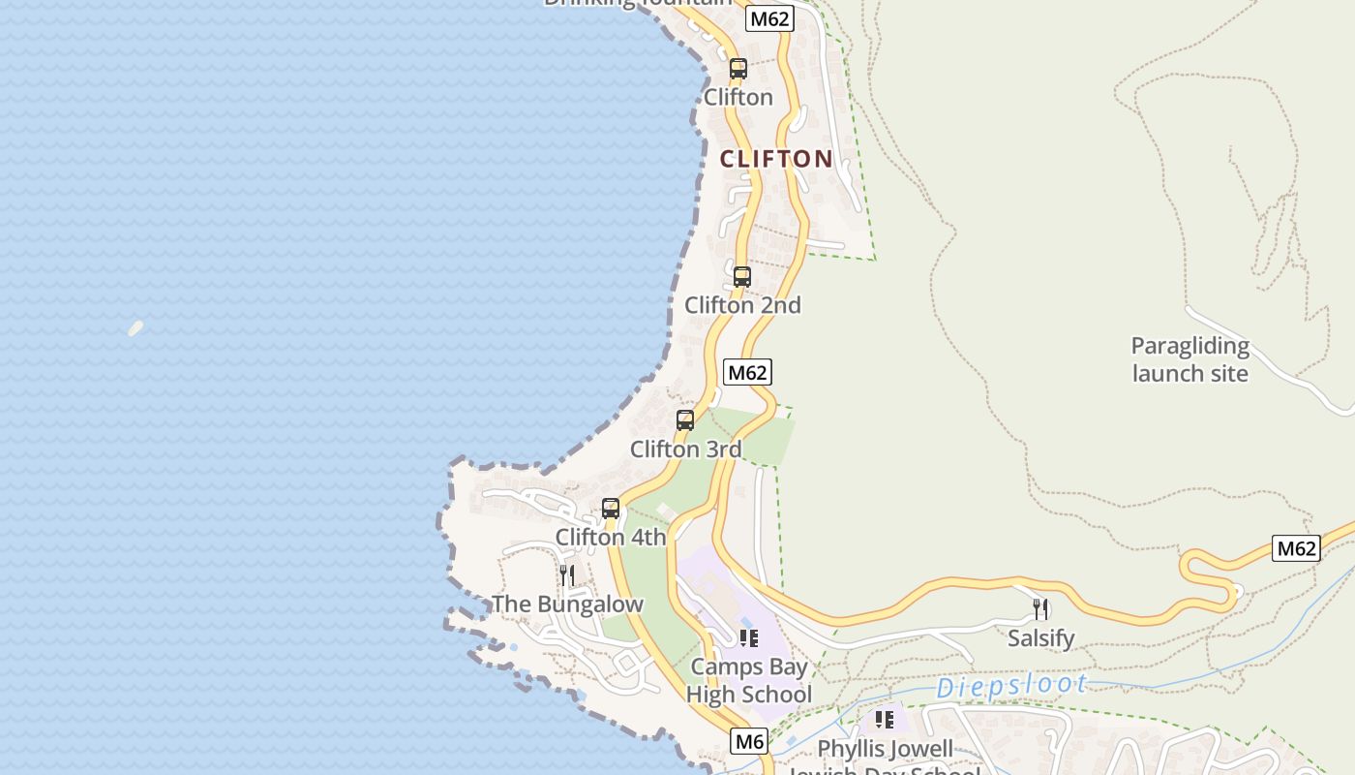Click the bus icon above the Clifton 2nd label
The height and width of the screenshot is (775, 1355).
point(742,277)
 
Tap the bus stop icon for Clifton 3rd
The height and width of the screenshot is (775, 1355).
point(685,420)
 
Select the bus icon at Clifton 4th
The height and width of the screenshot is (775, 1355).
point(611,509)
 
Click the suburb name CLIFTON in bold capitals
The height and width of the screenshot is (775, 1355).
point(776,159)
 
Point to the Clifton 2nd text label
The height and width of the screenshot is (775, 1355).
point(742,305)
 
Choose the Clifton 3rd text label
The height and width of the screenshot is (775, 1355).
point(685,449)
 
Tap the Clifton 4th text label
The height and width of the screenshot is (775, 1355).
point(611,537)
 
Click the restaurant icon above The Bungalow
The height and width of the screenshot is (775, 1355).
point(567,575)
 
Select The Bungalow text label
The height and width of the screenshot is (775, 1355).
point(567,604)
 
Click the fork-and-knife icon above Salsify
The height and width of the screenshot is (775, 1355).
point(1040,609)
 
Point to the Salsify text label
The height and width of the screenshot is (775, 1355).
point(1040,638)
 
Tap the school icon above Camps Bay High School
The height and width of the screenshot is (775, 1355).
point(748,637)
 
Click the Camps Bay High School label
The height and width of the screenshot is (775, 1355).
point(749,681)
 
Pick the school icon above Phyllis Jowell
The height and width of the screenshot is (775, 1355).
point(884,720)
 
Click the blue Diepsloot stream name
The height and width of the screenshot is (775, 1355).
point(1011,686)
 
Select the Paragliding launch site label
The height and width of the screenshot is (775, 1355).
point(1190,359)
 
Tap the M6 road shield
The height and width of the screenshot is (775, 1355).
point(750,742)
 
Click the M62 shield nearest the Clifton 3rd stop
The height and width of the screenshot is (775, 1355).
point(747,372)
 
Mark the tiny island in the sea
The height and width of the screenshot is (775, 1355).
point(135,328)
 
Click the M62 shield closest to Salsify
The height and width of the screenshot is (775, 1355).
point(1296,548)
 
